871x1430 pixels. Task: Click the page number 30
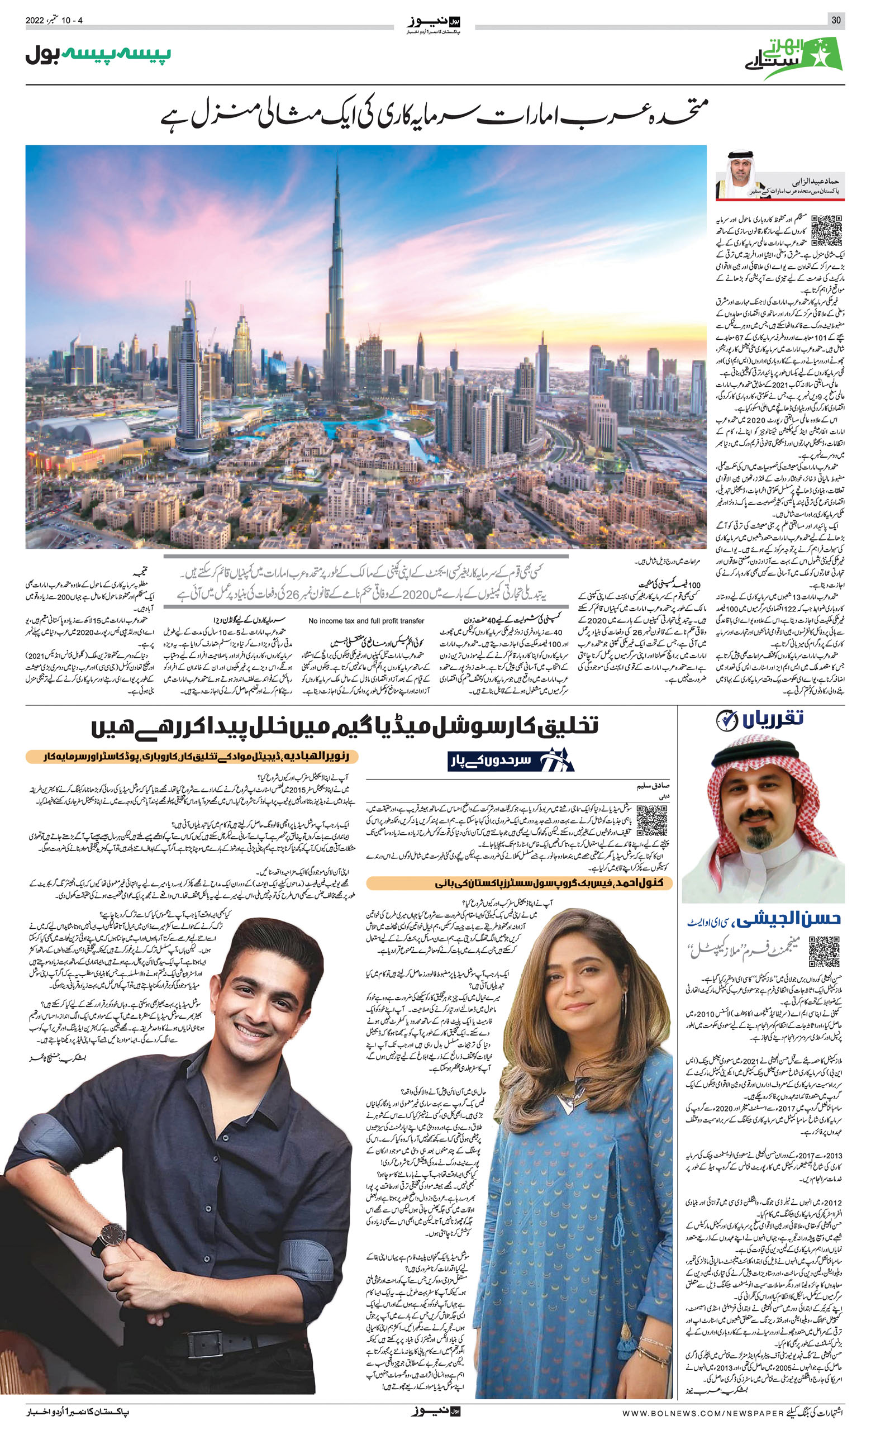click(836, 20)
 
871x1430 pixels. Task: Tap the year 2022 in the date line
click(35, 20)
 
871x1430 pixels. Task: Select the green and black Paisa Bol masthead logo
click(98, 56)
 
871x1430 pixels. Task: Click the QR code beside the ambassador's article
click(826, 230)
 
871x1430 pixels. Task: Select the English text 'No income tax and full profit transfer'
click(366, 620)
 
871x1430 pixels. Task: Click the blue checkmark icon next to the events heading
click(726, 720)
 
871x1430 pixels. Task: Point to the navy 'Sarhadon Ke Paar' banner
click(510, 761)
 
